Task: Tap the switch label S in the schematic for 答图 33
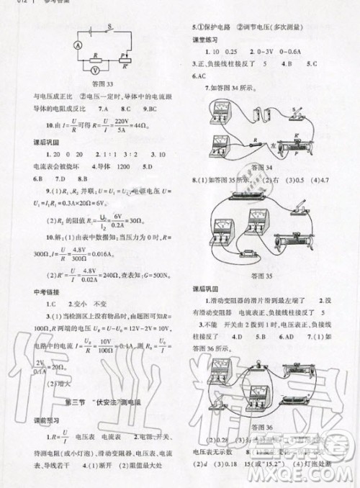[109, 27]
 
